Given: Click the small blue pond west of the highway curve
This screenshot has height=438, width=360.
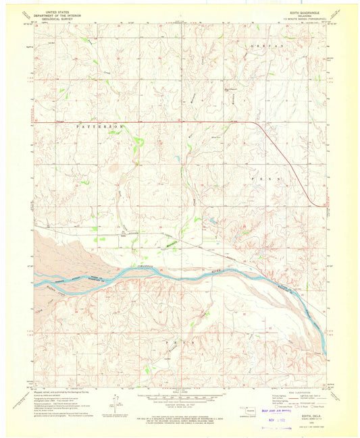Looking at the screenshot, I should pos(211,220).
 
